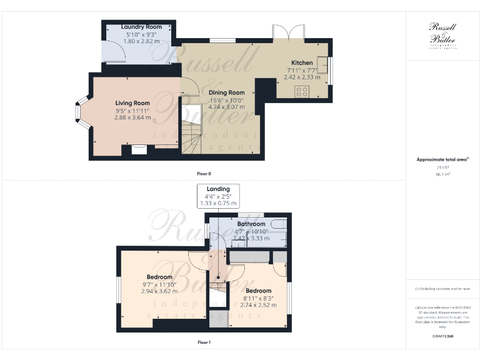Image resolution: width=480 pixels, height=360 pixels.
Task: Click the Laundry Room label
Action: pyautogui.click(x=141, y=27)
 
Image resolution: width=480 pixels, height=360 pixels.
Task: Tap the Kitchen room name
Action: pyautogui.click(x=302, y=62)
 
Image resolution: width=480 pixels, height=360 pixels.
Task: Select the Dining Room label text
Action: pyautogui.click(x=222, y=92)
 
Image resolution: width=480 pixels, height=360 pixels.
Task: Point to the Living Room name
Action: pyautogui.click(x=132, y=103)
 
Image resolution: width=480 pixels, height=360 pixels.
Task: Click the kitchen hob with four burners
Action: pyautogui.click(x=302, y=91)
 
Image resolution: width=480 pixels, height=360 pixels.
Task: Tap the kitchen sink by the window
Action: pyautogui.click(x=323, y=64)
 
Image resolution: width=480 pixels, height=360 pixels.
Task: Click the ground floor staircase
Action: pyautogui.click(x=192, y=134)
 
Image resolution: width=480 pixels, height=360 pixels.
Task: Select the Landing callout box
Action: pyautogui.click(x=218, y=196)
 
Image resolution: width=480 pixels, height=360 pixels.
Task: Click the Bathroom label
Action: pyautogui.click(x=251, y=224)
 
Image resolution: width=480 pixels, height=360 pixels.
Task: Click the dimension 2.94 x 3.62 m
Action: pyautogui.click(x=159, y=291)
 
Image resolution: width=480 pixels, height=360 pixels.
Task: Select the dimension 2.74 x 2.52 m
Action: pyautogui.click(x=258, y=305)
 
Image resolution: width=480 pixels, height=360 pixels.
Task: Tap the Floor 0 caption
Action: pyautogui.click(x=203, y=173)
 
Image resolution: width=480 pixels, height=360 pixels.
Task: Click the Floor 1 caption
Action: pyautogui.click(x=203, y=342)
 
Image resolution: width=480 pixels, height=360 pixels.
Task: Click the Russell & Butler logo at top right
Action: pyautogui.click(x=443, y=34)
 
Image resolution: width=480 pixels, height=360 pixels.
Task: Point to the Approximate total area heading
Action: pyautogui.click(x=442, y=160)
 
